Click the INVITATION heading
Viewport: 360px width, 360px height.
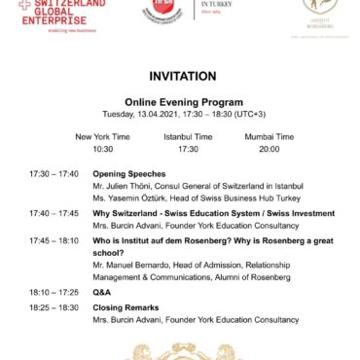tap(180, 75)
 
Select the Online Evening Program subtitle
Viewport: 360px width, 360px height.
tap(180, 100)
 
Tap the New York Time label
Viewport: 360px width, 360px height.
tap(102, 137)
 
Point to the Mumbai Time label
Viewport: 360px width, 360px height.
tap(270, 137)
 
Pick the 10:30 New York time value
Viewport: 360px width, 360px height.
tap(102, 149)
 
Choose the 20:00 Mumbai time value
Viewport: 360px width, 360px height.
tap(270, 149)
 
